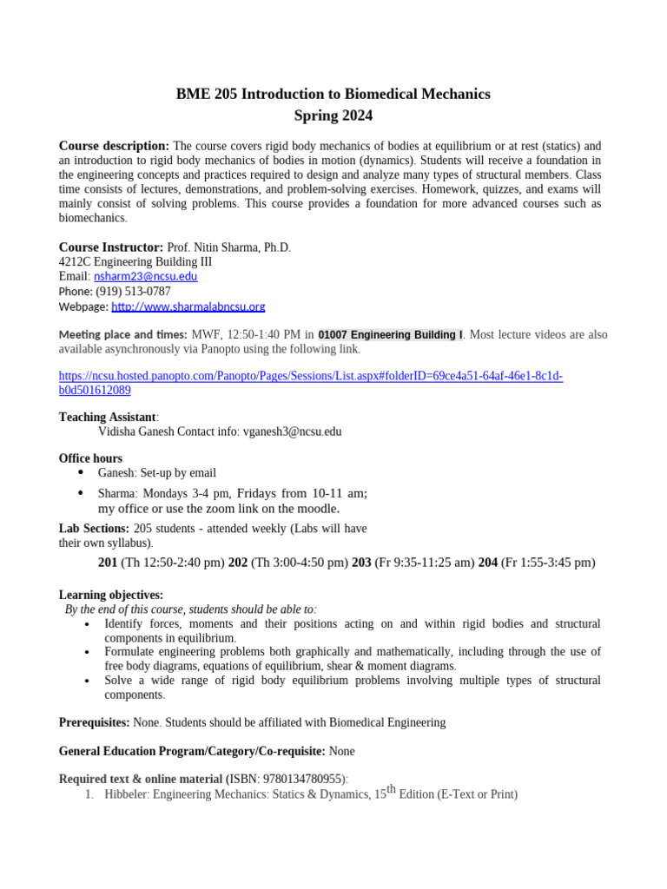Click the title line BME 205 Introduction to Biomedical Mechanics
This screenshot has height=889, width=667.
coord(333,94)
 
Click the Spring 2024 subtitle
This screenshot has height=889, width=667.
coord(333,115)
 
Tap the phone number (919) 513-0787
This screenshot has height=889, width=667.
coord(127,292)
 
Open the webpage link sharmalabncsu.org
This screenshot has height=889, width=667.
coord(188,306)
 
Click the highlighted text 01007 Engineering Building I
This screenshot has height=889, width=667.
coord(390,334)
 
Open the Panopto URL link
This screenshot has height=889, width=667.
coord(311,376)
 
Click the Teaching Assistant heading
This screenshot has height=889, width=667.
coord(107,417)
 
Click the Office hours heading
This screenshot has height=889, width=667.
coord(90,458)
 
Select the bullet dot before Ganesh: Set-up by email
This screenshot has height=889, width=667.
coord(81,472)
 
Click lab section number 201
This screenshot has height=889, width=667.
coord(108,563)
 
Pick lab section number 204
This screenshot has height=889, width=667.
coord(487,563)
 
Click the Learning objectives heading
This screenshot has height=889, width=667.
coord(110,595)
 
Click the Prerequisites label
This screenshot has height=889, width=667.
coord(94,722)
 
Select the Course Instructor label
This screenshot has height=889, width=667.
coord(110,247)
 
